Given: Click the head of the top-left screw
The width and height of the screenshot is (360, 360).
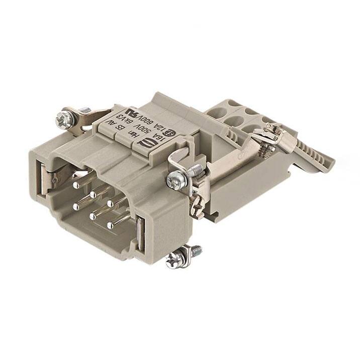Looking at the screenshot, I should (x=64, y=119).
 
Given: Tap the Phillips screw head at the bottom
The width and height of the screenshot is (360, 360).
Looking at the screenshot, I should (x=174, y=259).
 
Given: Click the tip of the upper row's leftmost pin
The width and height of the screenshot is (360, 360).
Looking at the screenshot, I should (x=75, y=186).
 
